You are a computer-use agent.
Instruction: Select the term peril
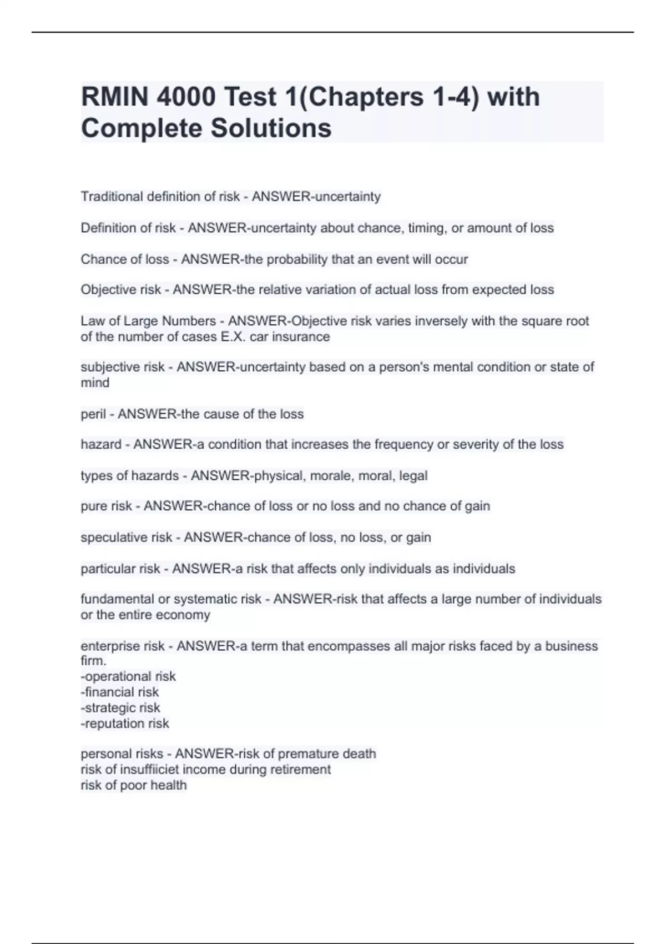[93, 414]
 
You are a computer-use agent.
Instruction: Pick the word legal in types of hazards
[413, 476]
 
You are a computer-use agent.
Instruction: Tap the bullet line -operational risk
[128, 676]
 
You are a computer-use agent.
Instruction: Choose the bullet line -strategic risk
[120, 708]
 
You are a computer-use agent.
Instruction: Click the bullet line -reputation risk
[125, 724]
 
